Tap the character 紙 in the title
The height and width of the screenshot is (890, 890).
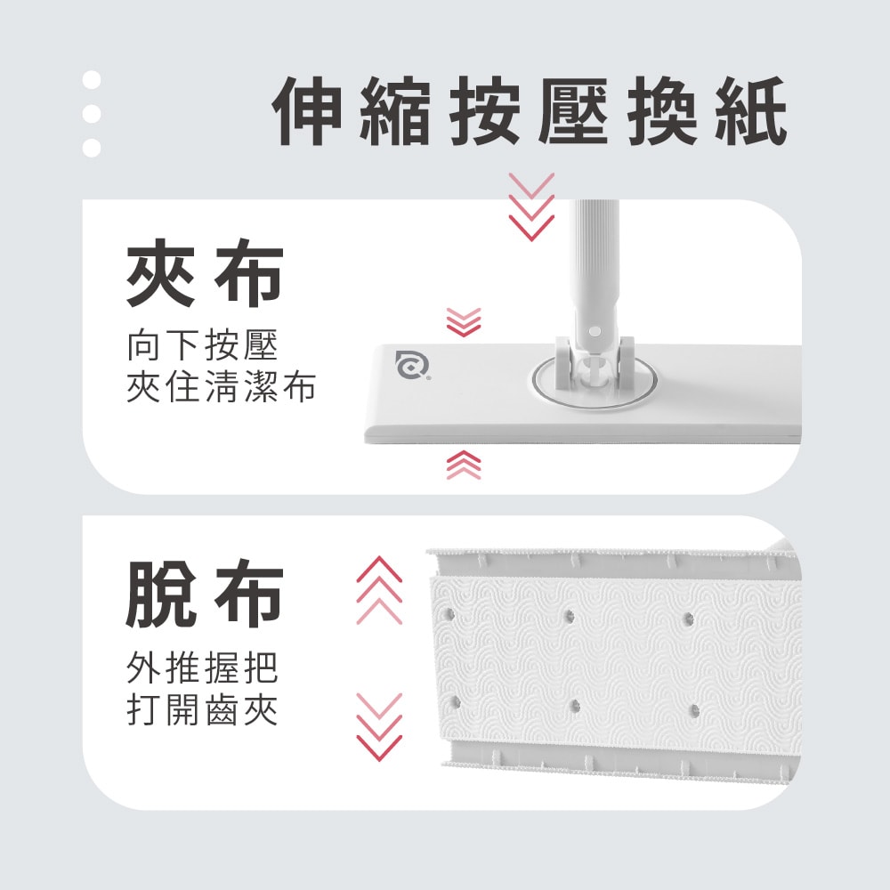click(x=751, y=112)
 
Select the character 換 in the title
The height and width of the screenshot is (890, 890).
click(x=662, y=112)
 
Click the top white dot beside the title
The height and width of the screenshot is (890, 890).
click(x=92, y=81)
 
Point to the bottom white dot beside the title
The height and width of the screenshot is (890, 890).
click(x=92, y=147)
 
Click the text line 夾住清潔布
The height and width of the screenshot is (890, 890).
click(x=222, y=388)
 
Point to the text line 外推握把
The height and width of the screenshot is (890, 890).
click(x=203, y=667)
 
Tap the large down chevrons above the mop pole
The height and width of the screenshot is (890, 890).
click(x=531, y=206)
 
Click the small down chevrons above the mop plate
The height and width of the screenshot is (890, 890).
click(x=463, y=322)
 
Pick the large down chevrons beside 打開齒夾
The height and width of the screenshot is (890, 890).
click(x=379, y=726)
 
